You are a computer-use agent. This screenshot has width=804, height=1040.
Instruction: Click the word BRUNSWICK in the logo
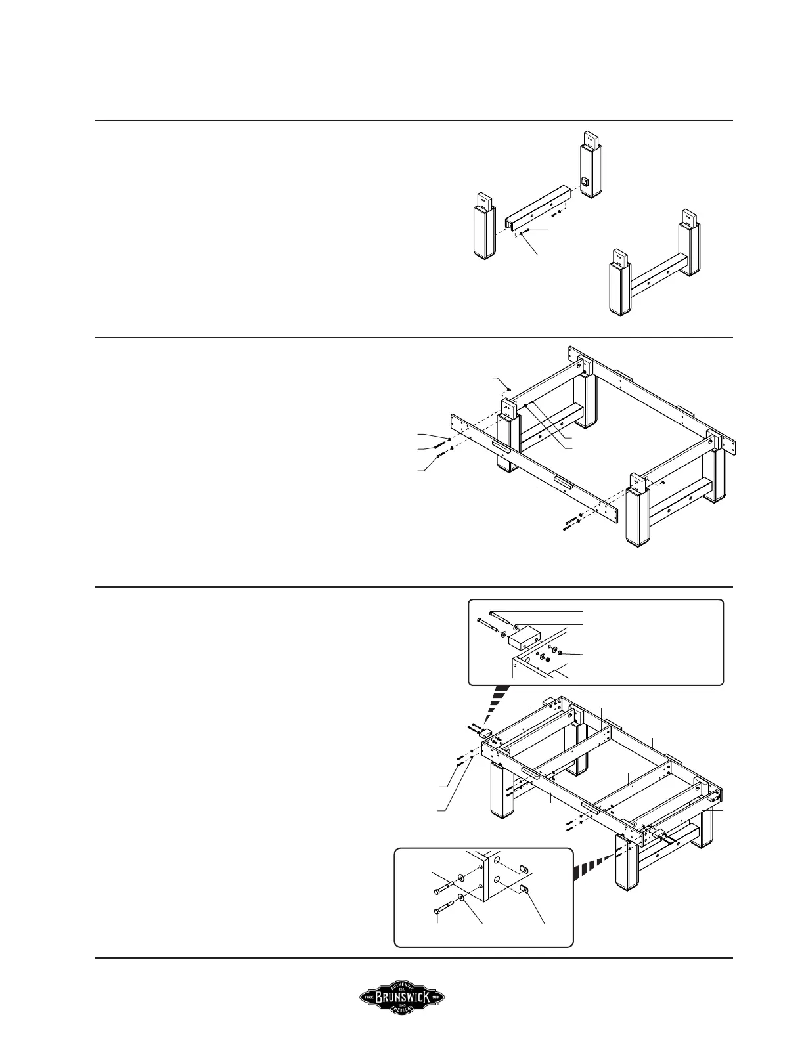click(x=402, y=998)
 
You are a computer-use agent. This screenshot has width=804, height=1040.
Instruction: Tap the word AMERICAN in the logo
click(x=402, y=1012)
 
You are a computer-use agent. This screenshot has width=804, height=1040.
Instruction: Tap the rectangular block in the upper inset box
click(x=523, y=636)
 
